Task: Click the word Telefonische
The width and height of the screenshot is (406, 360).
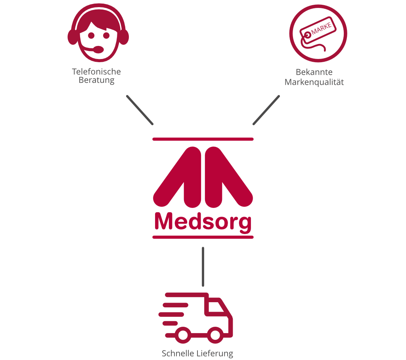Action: tap(96, 72)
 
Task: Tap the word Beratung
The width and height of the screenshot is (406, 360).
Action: tap(96, 80)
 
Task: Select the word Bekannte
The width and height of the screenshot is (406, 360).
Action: tap(314, 72)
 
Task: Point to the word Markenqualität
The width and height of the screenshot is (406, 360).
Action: tap(314, 82)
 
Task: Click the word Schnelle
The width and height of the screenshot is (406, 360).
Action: tap(176, 354)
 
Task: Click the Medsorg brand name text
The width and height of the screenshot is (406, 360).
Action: tap(203, 222)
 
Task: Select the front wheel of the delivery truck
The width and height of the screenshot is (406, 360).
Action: tap(215, 335)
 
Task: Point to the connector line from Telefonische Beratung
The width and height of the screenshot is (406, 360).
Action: tap(140, 110)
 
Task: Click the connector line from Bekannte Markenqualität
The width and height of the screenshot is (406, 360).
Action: tap(266, 110)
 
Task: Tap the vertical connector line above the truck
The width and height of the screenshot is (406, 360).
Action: tap(203, 267)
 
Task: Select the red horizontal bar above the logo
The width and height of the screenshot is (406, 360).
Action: tap(203, 139)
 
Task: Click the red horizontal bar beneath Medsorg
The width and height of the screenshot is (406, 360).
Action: tap(203, 237)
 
